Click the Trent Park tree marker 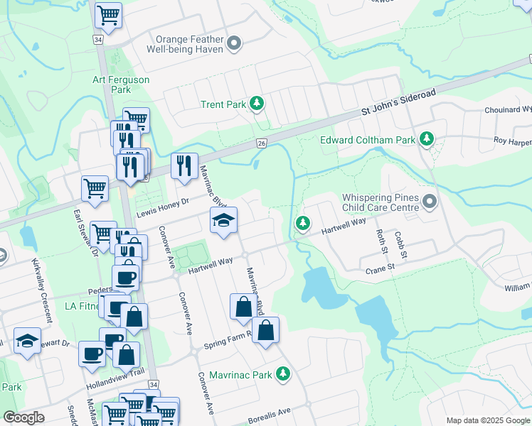click(x=257, y=104)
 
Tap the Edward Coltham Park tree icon click(x=427, y=139)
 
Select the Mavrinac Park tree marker click(x=283, y=373)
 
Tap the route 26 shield click(x=262, y=143)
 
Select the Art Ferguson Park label click(x=121, y=84)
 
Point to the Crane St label click(x=381, y=267)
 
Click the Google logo click(x=23, y=417)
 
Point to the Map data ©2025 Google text click(x=487, y=420)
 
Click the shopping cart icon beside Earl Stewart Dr click(x=95, y=188)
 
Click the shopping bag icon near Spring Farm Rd click(x=265, y=330)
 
